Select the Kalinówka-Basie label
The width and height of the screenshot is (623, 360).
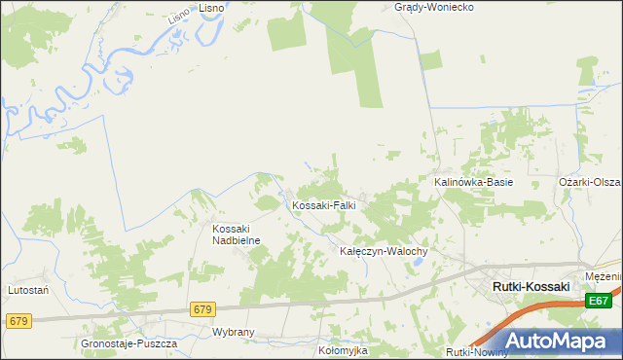[473, 182]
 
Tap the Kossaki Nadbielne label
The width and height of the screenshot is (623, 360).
[233, 234]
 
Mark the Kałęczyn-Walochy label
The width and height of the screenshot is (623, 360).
[384, 251]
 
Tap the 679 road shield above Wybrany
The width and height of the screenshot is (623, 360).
[202, 309]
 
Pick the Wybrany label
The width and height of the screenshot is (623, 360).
[233, 332]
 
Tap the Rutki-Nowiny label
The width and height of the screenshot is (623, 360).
[477, 351]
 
